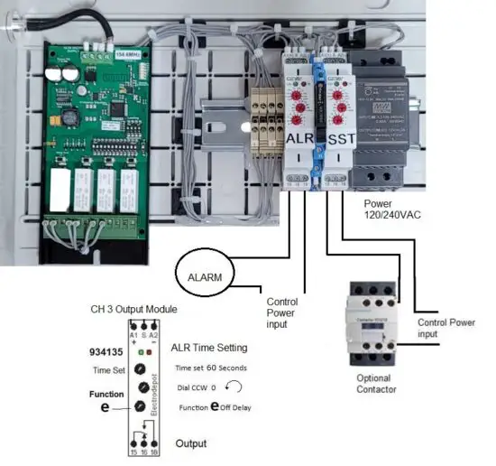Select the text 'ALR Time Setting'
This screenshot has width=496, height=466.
click(x=208, y=348)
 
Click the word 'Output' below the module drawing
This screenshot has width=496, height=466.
click(x=190, y=443)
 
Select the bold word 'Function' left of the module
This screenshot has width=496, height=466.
click(x=106, y=394)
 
